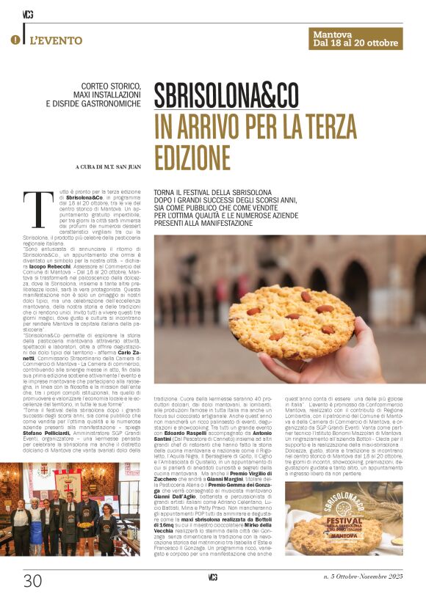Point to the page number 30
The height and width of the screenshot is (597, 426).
(x=32, y=580)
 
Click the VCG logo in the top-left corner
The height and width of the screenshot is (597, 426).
(x=28, y=12)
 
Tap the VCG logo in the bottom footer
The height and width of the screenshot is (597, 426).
(x=212, y=578)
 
